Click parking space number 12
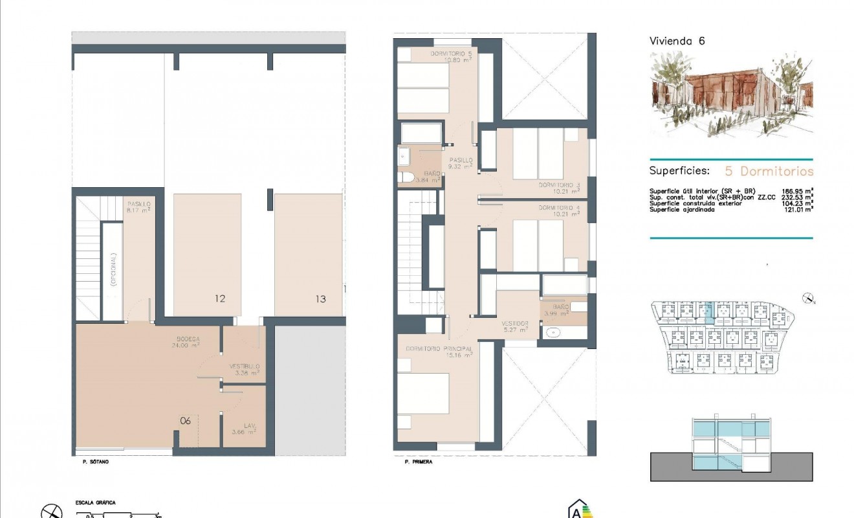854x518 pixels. tap(220, 298)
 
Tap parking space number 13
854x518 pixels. tap(321, 298)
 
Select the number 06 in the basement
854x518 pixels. tap(186, 420)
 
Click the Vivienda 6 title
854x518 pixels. tap(677, 41)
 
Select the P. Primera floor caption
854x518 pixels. tap(418, 462)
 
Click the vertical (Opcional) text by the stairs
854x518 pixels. tap(113, 269)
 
